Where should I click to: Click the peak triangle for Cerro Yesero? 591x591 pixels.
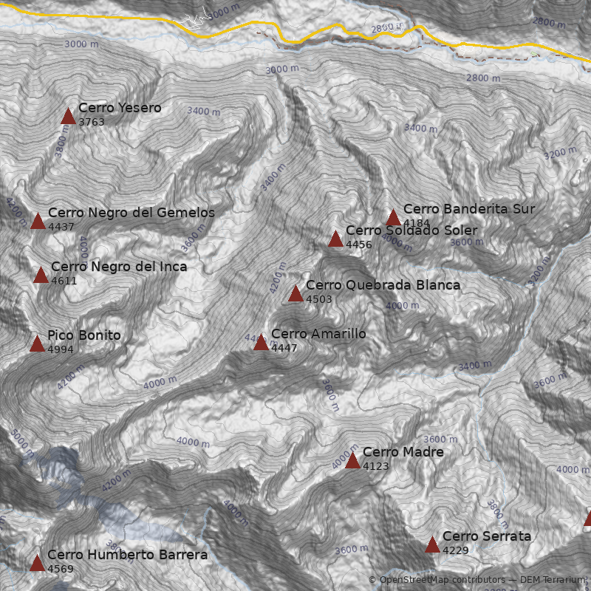pos(68,116)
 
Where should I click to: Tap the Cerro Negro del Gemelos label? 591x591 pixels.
pos(131,213)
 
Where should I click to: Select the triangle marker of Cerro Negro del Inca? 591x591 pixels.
pos(41,276)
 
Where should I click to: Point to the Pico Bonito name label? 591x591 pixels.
pos(83,335)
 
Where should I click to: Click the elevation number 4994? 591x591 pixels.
pos(61,349)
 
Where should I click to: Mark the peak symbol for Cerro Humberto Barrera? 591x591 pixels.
pos(37,563)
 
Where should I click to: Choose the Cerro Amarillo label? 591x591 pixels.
pos(318,334)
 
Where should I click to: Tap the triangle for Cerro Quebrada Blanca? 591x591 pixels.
pos(295,294)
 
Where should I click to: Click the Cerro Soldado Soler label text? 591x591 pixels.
pos(411,230)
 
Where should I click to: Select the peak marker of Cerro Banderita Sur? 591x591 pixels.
pos(393,218)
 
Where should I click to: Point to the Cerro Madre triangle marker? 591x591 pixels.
pos(352,461)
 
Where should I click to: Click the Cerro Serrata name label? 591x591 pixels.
pos(487,536)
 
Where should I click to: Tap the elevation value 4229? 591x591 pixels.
pos(456,550)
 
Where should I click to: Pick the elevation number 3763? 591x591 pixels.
pos(92,123)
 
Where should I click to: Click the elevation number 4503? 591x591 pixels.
pos(319,299)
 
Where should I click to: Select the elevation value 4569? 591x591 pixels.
pos(61,569)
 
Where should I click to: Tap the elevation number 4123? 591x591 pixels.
pos(376,466)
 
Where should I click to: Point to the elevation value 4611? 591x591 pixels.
pos(64,281)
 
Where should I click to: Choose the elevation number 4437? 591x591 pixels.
pos(61,227)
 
